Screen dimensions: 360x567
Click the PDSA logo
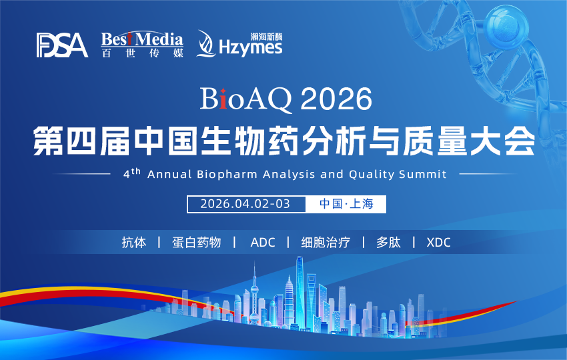pyautogui.click(x=62, y=45)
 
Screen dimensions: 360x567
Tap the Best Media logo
pyautogui.click(x=142, y=45)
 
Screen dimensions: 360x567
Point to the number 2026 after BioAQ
pyautogui.click(x=336, y=100)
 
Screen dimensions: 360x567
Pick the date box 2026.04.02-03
pyautogui.click(x=245, y=203)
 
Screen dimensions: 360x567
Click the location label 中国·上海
pyautogui.click(x=346, y=203)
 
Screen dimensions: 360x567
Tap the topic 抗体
pyautogui.click(x=133, y=242)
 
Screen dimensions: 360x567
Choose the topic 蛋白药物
pyautogui.click(x=196, y=242)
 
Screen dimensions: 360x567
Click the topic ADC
pyautogui.click(x=262, y=242)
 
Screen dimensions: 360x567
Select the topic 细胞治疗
pyautogui.click(x=325, y=242)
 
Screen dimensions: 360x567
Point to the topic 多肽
pyautogui.click(x=388, y=242)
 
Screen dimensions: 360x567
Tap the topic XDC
pyautogui.click(x=438, y=242)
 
